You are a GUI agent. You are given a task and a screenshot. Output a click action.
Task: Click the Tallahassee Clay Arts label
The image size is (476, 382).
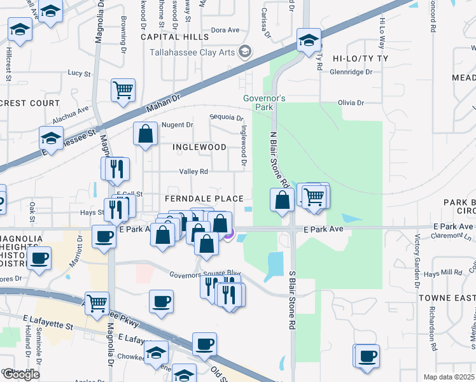click(192, 52)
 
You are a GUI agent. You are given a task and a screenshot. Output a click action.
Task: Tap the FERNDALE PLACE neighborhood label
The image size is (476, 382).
click(205, 199)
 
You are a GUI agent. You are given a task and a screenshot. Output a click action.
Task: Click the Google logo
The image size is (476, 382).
click(20, 374)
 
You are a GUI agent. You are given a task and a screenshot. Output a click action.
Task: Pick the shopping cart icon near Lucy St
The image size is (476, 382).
click(123, 89)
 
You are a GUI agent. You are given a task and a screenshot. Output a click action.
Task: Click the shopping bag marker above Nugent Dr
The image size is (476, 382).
click(146, 134)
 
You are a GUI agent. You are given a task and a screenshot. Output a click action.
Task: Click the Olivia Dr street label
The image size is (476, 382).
click(351, 103)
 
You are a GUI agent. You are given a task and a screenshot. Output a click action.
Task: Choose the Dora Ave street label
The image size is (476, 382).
click(225, 30)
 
